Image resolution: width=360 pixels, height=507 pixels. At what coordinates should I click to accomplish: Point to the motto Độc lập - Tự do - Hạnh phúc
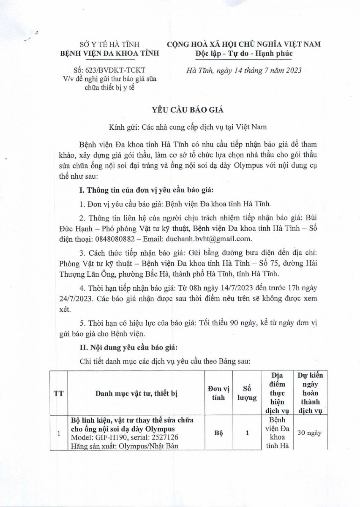click(x=244, y=53)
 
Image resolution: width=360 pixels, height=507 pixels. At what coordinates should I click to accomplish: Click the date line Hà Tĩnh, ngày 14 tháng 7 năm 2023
click(x=244, y=71)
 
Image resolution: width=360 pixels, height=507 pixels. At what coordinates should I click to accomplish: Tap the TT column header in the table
click(x=58, y=394)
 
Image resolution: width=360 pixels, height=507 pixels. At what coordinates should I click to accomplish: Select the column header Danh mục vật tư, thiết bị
click(x=136, y=394)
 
